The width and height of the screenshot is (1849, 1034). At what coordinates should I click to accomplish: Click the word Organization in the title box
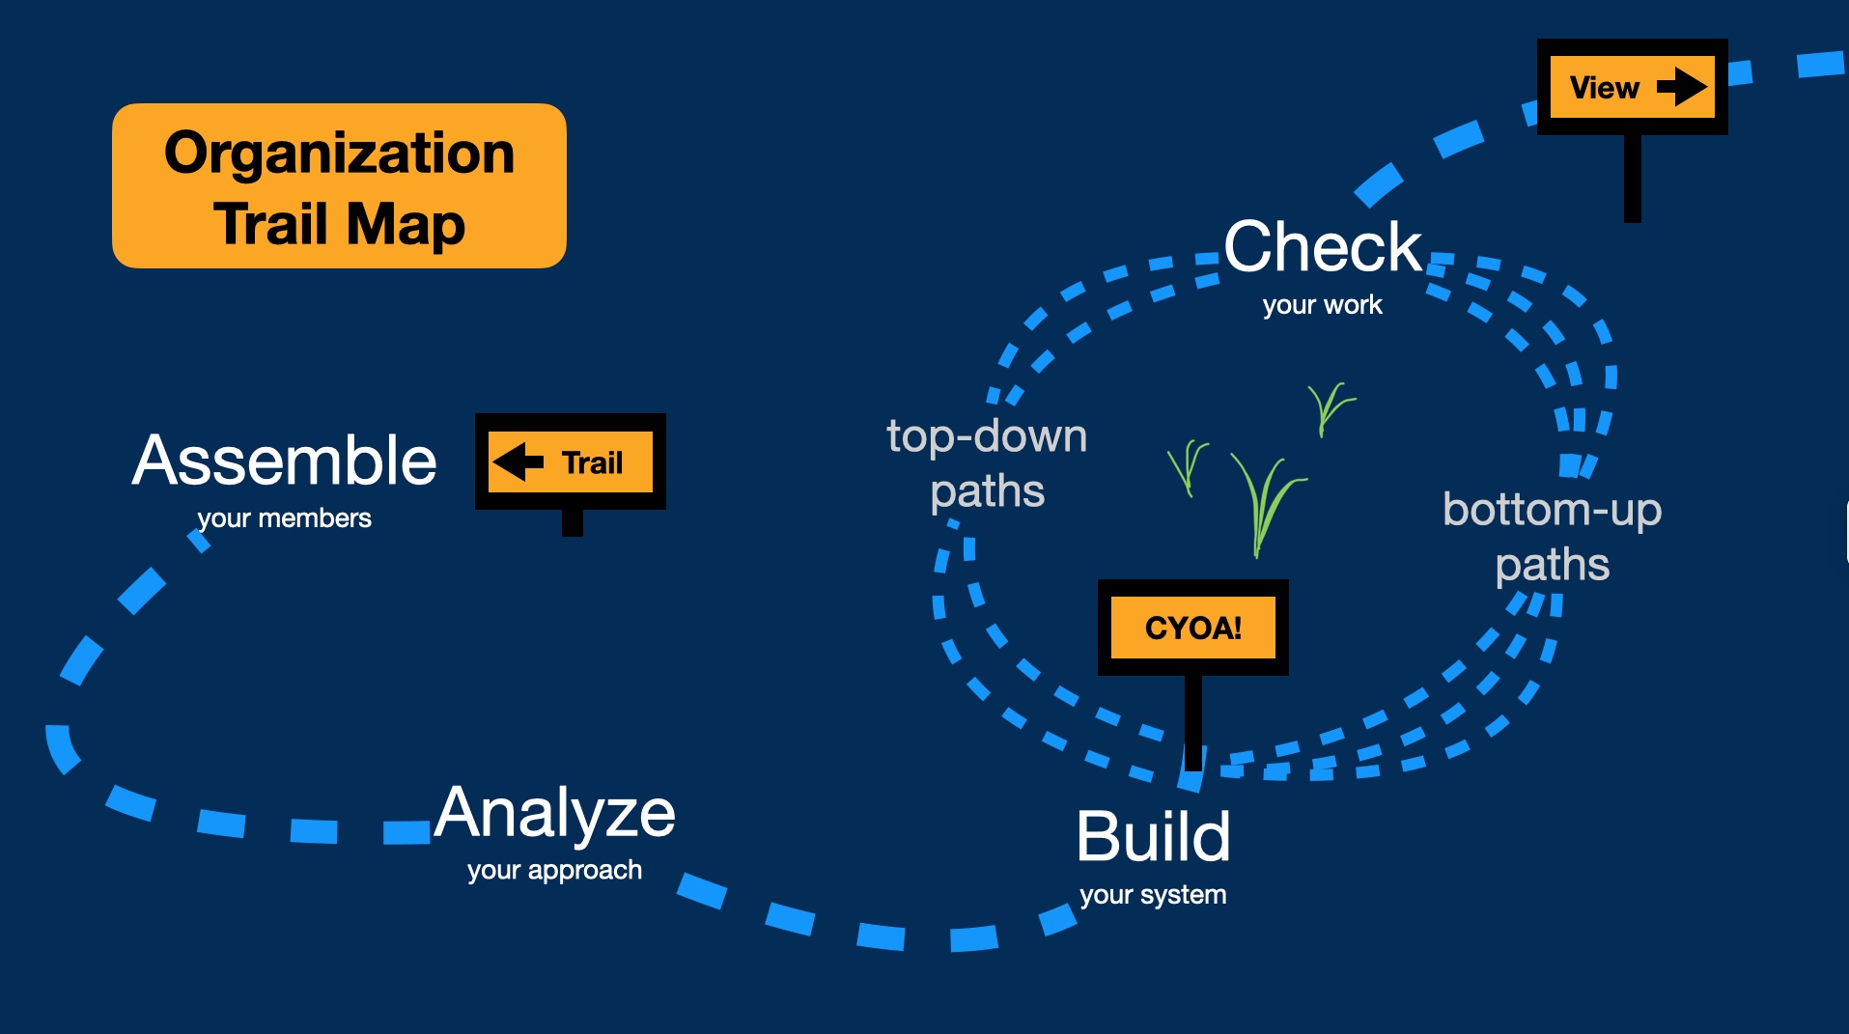(339, 154)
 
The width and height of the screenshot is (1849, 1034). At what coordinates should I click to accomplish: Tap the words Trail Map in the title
(339, 224)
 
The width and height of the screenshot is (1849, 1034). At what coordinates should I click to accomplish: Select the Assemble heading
(285, 461)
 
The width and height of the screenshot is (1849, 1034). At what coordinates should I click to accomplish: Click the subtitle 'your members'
(284, 518)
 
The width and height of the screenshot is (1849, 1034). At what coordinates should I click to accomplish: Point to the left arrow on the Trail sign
(518, 461)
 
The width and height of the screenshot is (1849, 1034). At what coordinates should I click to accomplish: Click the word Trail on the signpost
(592, 463)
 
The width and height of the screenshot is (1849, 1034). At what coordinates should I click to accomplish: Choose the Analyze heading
(555, 813)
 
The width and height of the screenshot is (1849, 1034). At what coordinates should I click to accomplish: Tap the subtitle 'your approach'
(554, 871)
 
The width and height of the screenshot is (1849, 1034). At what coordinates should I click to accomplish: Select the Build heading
(1153, 836)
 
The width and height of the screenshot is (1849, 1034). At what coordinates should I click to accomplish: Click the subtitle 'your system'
(1153, 895)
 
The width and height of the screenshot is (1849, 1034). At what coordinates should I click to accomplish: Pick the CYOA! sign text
(1193, 629)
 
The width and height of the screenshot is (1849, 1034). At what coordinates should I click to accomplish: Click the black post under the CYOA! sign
(1193, 719)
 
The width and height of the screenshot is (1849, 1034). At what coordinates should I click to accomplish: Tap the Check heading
(1323, 247)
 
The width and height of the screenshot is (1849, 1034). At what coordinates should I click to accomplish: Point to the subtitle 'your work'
(1322, 305)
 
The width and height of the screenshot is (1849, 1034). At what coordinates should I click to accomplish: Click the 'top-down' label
(987, 436)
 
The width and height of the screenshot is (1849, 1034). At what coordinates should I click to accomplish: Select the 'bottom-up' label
(1552, 510)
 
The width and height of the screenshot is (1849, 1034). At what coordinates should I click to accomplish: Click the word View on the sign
(1604, 88)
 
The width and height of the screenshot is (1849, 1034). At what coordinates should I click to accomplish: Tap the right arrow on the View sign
(1682, 87)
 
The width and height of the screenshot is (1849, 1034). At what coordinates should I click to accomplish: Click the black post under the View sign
(1633, 178)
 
